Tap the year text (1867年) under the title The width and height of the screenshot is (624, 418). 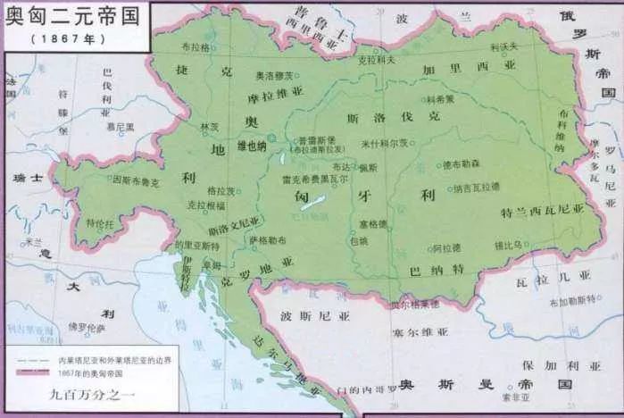pos(62,39)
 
